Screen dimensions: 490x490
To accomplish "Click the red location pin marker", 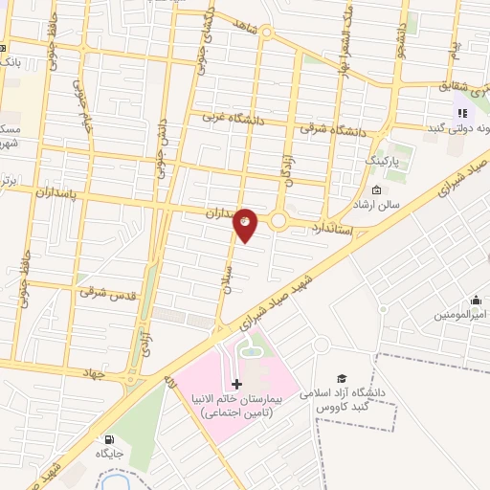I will [246, 225].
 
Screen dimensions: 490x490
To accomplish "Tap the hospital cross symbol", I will [237, 384].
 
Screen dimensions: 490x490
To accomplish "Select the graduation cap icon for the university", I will [343, 379].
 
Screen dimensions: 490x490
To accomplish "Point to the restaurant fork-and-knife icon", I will [463, 113].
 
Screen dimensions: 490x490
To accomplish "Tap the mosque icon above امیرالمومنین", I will [475, 300].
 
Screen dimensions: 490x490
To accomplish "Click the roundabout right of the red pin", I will [278, 221].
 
